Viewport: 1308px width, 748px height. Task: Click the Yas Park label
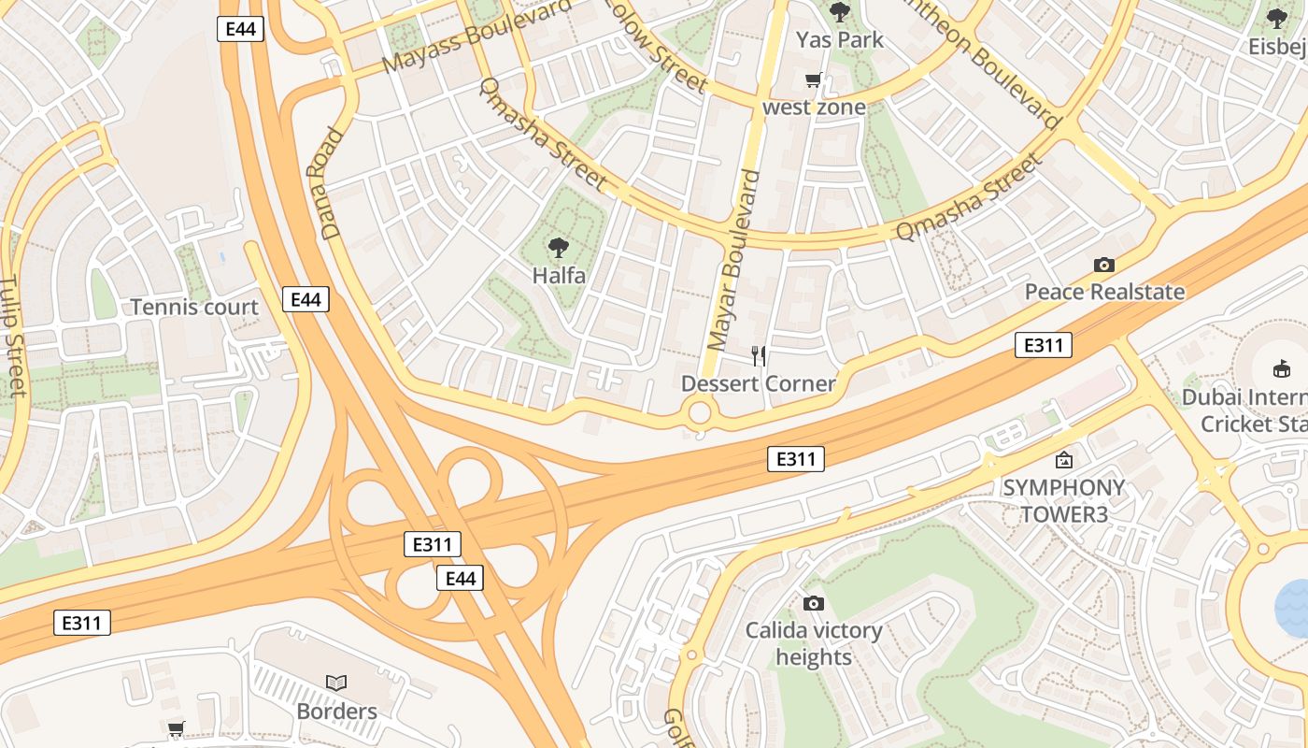coord(839,40)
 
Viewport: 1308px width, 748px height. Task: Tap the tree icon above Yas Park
coord(839,12)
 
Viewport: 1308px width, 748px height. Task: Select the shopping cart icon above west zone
coord(814,80)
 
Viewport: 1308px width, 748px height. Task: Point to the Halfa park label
coord(559,276)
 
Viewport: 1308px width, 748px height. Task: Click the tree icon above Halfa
coord(559,248)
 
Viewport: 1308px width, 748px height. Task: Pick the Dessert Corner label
coord(758,383)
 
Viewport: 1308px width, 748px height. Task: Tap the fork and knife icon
coord(759,356)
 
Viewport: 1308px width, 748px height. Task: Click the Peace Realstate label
coord(1104,292)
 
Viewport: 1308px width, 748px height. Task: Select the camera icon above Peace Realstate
coord(1104,266)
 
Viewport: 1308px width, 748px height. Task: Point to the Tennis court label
coord(194,307)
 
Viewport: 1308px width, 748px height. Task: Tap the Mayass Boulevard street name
coord(476,37)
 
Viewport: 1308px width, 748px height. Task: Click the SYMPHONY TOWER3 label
coord(1063,501)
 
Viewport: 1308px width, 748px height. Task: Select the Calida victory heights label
coord(814,643)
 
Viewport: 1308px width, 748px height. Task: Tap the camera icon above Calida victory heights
coord(814,604)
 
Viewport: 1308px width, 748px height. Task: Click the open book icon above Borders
coord(336,683)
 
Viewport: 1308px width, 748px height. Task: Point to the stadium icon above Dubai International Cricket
coord(1282,369)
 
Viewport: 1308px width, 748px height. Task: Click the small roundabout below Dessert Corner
coord(699,411)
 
